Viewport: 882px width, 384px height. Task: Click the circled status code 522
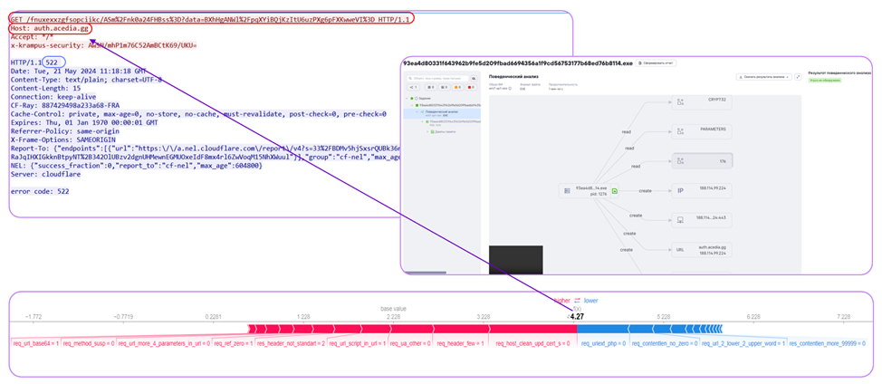click(x=56, y=62)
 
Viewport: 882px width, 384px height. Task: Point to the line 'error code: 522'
click(x=39, y=192)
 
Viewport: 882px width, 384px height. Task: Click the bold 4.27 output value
click(x=577, y=317)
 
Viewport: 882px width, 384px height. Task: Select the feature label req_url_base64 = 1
click(x=35, y=344)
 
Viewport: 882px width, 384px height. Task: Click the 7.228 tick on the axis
click(x=843, y=317)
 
